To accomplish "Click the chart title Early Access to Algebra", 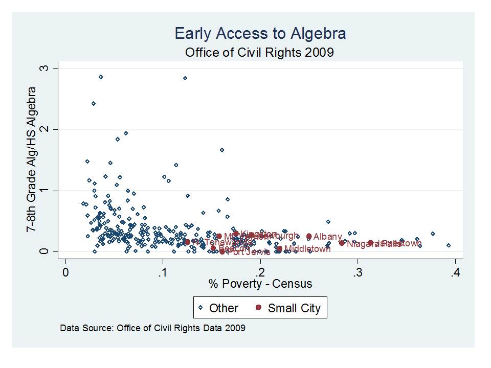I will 260,34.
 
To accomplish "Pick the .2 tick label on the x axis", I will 260,272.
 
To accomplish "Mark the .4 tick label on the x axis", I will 455,272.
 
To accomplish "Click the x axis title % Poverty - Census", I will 260,284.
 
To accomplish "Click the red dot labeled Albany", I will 309,236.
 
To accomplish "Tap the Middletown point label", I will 307,249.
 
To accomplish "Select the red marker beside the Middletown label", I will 279,249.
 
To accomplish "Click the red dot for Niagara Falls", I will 342,243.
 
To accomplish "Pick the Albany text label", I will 327,237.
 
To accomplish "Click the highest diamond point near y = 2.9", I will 101,77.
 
